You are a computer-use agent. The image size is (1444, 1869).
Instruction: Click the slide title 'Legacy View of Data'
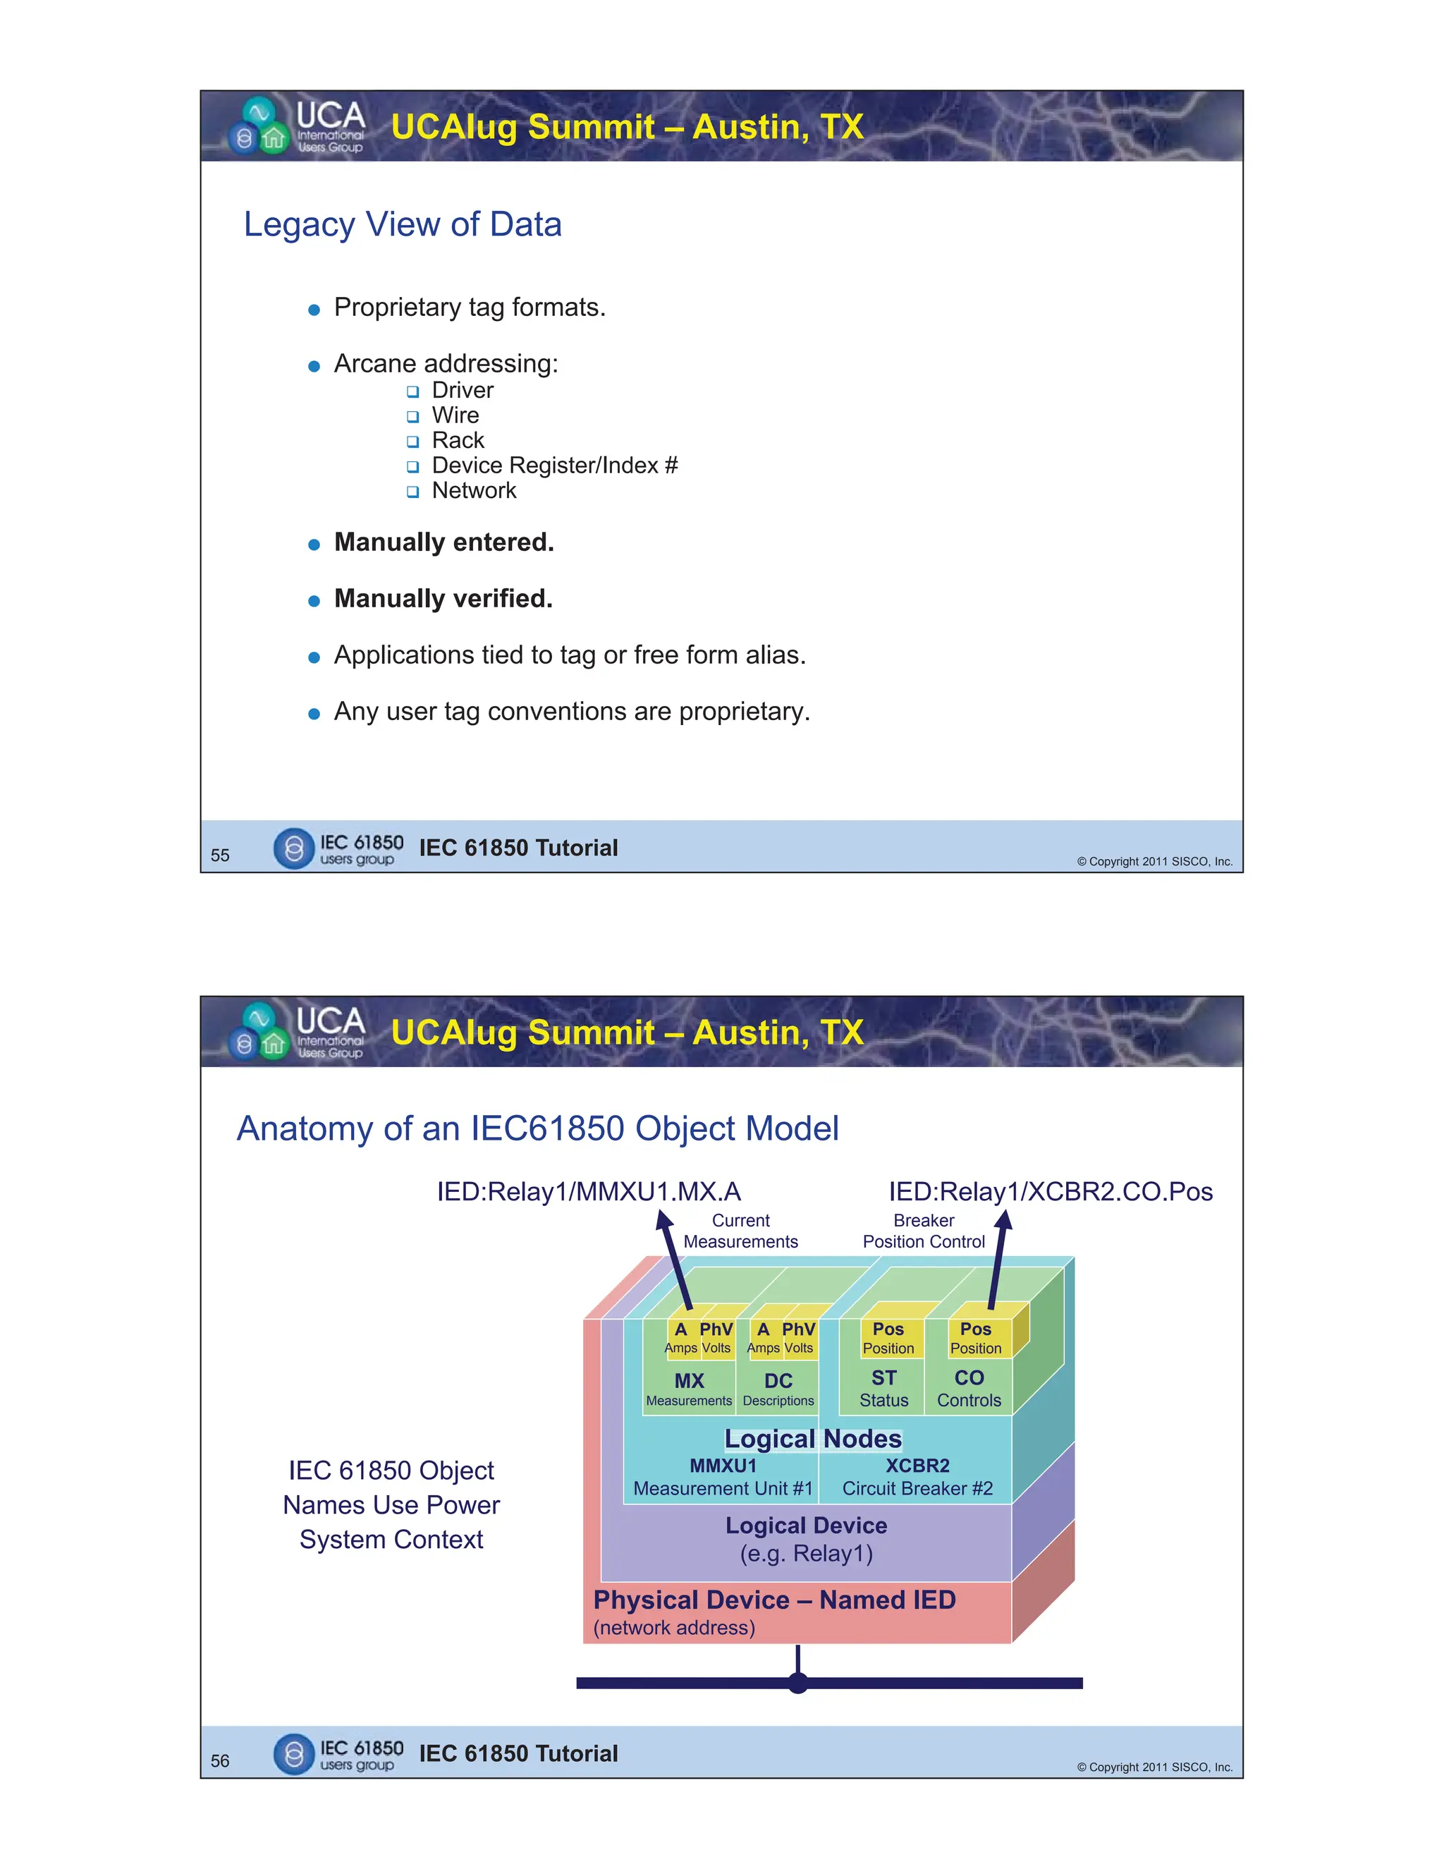point(402,224)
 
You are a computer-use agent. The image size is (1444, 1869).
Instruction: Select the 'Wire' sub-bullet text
point(455,416)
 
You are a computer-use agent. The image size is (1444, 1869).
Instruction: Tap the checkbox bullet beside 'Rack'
point(413,442)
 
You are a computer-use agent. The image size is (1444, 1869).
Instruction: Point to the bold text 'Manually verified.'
point(443,599)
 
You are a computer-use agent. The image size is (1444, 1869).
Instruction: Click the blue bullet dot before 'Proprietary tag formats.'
point(314,310)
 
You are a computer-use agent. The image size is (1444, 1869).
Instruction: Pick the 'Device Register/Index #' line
point(554,465)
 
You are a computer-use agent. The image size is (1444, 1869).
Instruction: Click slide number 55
point(220,855)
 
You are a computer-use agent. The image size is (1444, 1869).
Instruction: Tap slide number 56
point(220,1760)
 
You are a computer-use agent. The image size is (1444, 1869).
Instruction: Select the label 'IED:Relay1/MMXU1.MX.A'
point(589,1191)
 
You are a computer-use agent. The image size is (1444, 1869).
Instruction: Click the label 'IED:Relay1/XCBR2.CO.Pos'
point(1051,1191)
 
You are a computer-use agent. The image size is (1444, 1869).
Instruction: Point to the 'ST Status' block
point(883,1388)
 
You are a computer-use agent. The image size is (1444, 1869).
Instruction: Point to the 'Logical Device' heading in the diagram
point(806,1525)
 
